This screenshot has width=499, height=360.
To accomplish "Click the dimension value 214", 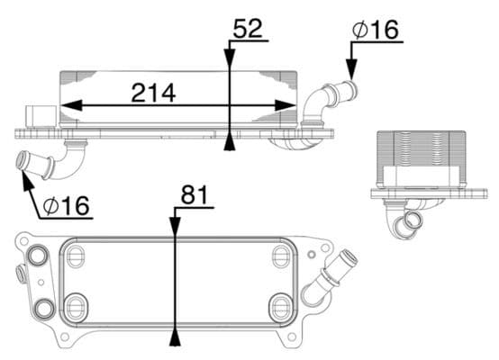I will tap(153, 93).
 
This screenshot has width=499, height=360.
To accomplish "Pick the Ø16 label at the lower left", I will tap(66, 206).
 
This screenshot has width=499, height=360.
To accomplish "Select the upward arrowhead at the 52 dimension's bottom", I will tap(231, 140).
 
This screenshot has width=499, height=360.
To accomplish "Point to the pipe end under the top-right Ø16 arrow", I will tap(348, 90).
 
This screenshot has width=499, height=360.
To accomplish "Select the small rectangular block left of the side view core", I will tap(39, 116).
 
